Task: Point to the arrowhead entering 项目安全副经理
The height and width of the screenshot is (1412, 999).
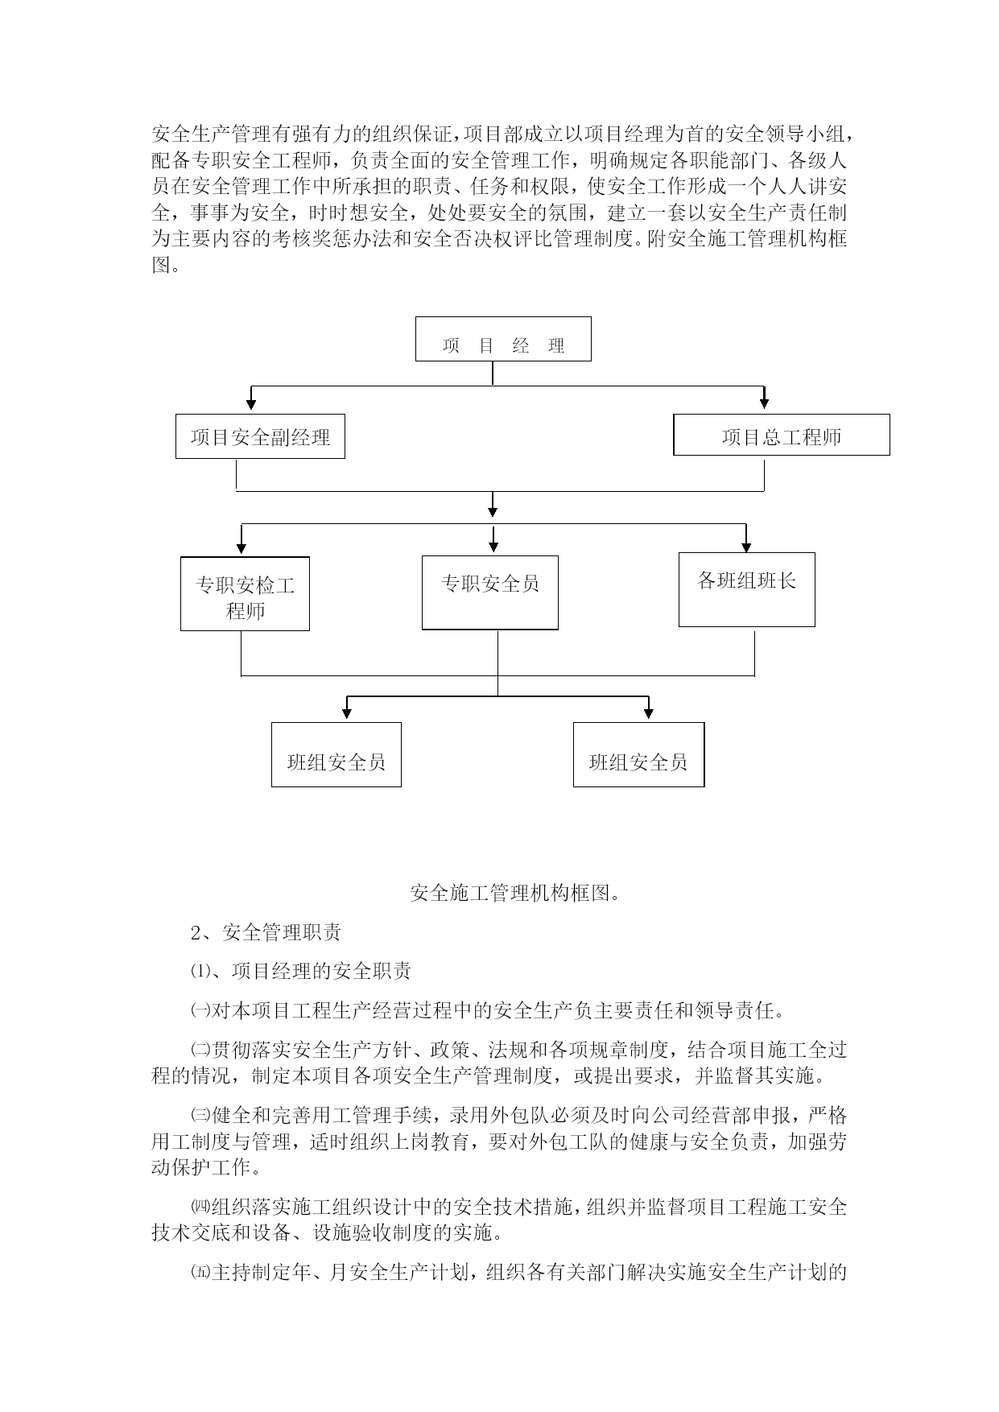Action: point(251,403)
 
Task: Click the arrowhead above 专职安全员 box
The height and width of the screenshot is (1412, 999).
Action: point(493,545)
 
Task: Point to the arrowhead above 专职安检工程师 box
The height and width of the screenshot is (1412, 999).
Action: point(241,547)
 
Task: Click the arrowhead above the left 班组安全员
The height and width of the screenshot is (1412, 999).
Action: point(347,712)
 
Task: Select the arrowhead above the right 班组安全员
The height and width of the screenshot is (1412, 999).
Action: point(649,712)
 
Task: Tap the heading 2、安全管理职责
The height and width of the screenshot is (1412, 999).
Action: point(266,932)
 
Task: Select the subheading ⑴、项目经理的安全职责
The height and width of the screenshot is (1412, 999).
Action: point(301,972)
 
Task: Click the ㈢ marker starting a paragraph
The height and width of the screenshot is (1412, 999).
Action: point(200,1116)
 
